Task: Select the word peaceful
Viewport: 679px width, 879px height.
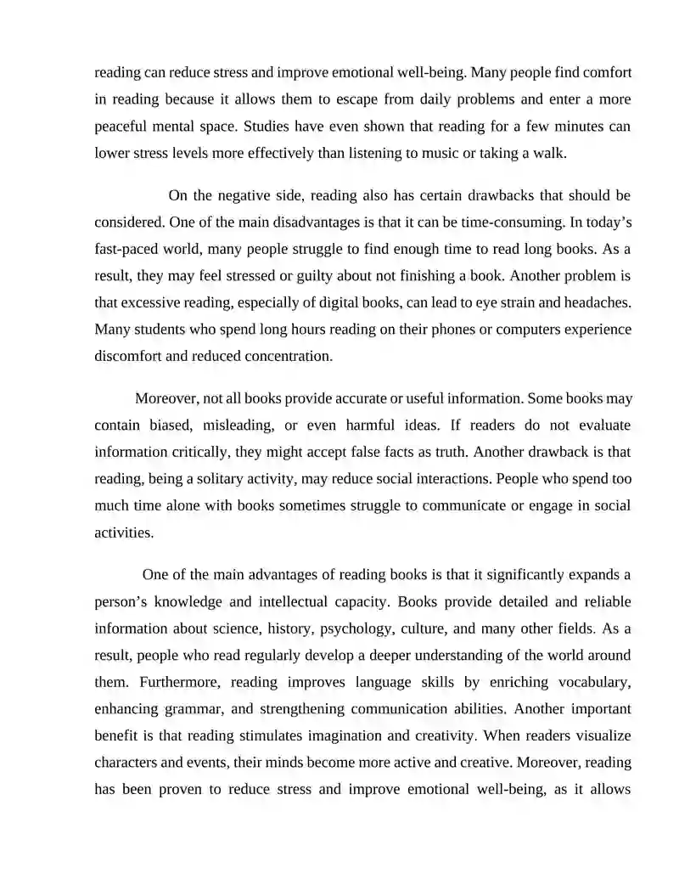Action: (x=123, y=127)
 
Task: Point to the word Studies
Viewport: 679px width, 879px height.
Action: (x=267, y=127)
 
